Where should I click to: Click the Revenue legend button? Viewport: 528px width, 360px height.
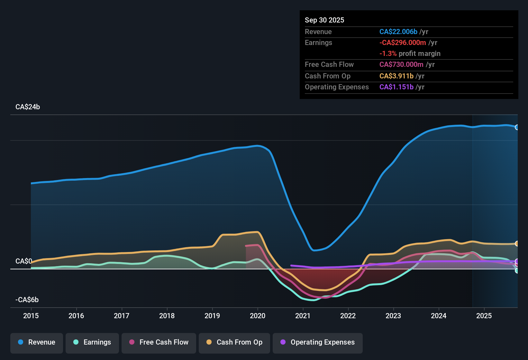[37, 342]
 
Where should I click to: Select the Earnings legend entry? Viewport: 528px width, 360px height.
[92, 342]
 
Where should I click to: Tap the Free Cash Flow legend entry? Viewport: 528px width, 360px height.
[159, 342]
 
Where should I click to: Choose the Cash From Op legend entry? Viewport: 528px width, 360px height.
[234, 342]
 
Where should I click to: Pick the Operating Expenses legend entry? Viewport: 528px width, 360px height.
[318, 342]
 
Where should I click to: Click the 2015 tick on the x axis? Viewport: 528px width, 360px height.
[31, 316]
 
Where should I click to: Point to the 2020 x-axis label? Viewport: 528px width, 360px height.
[258, 316]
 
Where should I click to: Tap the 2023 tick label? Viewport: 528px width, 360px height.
[393, 316]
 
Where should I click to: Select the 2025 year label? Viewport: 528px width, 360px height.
[484, 316]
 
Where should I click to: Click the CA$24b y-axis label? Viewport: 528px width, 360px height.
[28, 107]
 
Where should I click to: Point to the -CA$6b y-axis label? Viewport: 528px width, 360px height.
[27, 300]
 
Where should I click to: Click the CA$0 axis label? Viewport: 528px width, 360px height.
[23, 261]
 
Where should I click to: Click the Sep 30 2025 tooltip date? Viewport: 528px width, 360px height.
[324, 20]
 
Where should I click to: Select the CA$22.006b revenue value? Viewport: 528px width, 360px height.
[398, 32]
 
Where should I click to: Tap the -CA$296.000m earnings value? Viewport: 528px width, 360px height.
[403, 43]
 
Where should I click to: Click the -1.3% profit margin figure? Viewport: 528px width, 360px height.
[388, 54]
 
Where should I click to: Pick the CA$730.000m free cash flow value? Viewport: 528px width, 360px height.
[401, 65]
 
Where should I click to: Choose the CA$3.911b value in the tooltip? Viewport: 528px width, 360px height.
[396, 76]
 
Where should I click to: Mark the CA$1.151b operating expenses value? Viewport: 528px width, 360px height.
[396, 87]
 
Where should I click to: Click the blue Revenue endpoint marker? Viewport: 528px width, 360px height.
[517, 127]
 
